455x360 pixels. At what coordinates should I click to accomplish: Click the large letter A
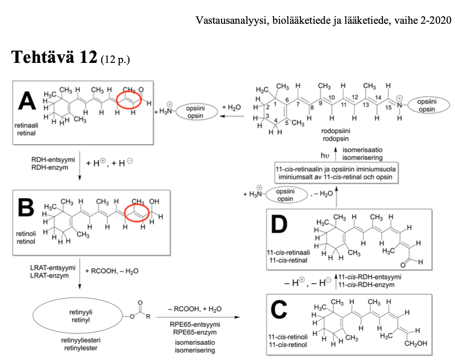27,101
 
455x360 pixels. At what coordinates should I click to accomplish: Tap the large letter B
26,207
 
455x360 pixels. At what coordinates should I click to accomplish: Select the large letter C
279,309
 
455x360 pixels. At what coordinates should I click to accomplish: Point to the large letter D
279,224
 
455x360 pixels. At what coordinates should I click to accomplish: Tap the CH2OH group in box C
415,344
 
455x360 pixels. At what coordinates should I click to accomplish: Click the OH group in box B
154,201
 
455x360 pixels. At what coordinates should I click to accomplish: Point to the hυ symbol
325,155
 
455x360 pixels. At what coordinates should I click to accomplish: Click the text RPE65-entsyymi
195,324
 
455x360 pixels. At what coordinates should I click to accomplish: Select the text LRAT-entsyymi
53,267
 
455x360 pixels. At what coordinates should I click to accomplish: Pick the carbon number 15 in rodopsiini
388,107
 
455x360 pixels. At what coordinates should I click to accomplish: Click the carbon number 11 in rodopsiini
343,104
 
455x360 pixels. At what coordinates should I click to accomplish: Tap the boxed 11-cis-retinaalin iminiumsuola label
337,173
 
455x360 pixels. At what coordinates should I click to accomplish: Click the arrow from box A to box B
80,165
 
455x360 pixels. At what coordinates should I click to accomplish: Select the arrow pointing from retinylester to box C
198,317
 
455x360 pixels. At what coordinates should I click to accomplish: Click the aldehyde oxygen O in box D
403,265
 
